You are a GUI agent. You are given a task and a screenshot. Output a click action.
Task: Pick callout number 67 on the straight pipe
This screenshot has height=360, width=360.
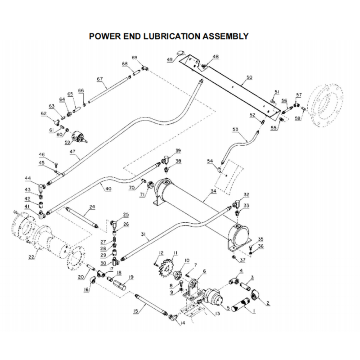click(100, 80)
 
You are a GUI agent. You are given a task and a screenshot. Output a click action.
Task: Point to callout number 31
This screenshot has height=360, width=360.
click(144, 235)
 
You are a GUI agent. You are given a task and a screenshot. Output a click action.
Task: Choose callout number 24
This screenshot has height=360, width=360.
click(92, 207)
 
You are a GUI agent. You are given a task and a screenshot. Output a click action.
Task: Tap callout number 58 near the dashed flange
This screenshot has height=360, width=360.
click(298, 118)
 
